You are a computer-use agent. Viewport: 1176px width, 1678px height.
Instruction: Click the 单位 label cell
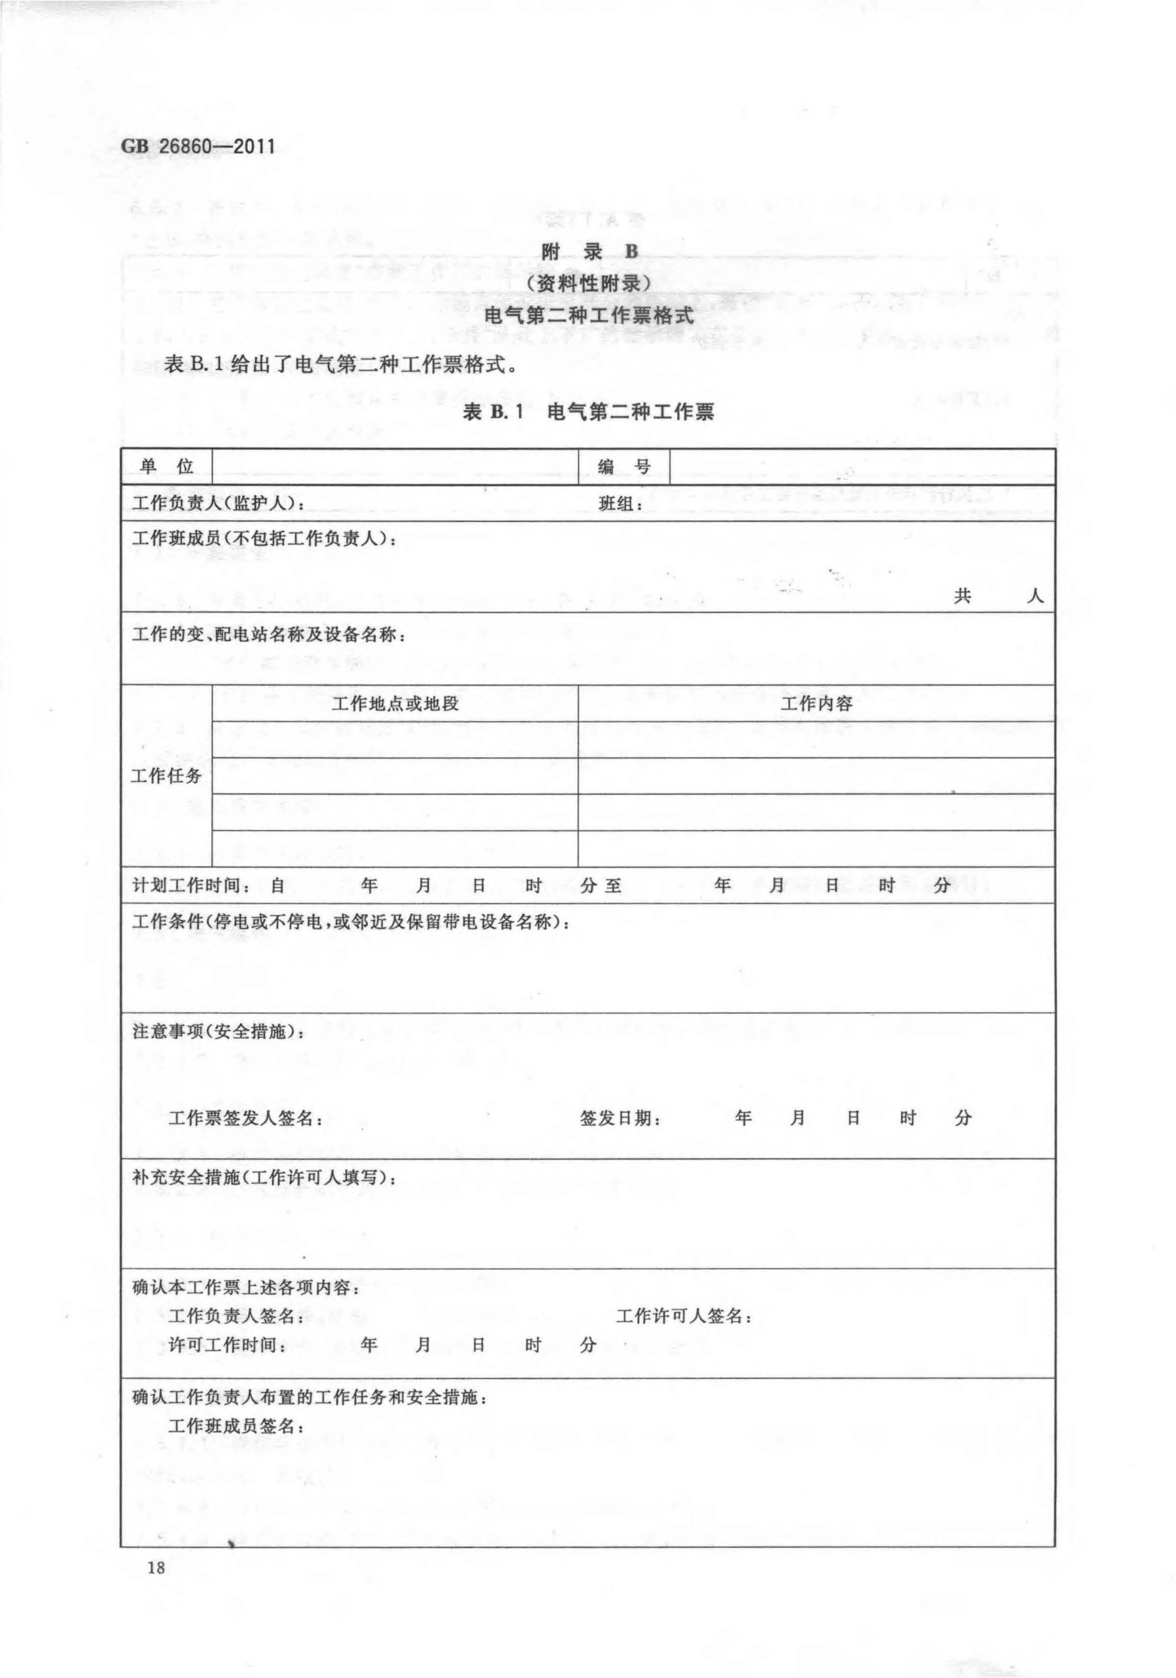(x=167, y=466)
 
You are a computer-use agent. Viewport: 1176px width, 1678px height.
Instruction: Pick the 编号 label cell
(x=623, y=466)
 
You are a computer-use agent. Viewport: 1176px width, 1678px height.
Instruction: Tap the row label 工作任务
(x=166, y=775)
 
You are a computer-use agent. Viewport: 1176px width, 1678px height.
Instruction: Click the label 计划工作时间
(x=191, y=886)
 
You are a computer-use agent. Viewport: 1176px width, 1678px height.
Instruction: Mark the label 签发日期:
(x=621, y=1118)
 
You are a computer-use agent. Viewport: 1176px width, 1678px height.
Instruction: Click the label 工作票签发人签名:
(x=245, y=1118)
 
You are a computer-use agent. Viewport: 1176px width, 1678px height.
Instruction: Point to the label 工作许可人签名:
(x=684, y=1316)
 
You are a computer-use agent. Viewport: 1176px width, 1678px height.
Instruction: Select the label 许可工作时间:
(x=227, y=1345)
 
